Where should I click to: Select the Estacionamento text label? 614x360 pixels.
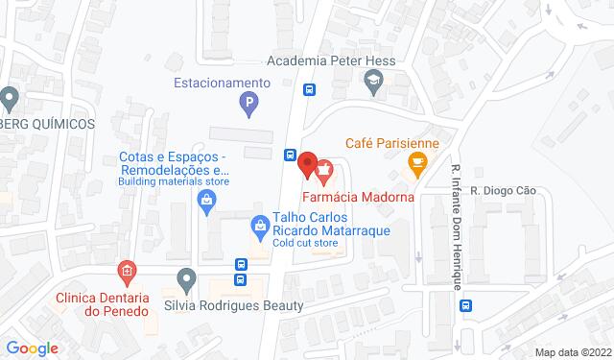tap(222, 83)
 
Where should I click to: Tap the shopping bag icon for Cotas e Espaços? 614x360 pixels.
tap(205, 201)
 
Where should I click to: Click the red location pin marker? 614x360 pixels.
tap(307, 164)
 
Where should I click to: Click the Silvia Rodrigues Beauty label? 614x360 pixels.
tap(234, 305)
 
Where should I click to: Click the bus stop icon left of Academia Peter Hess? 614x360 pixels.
tap(310, 89)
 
